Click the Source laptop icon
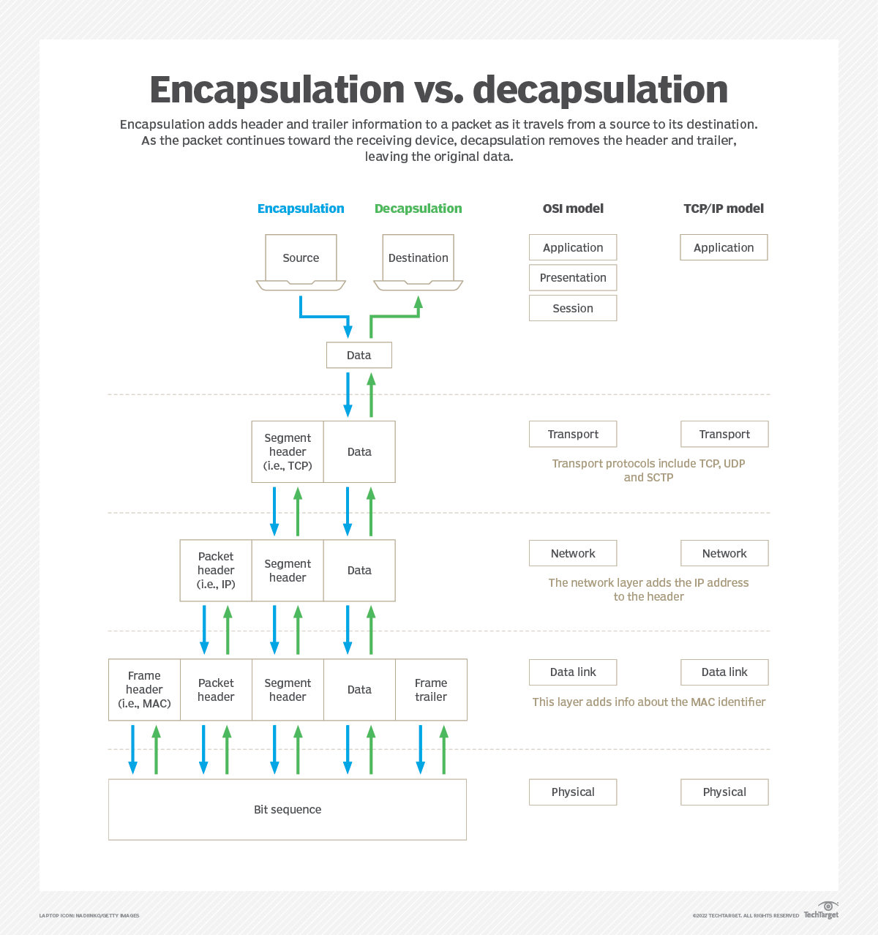pos(301,262)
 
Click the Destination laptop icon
pos(418,262)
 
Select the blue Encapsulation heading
pos(301,209)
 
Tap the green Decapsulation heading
pos(418,209)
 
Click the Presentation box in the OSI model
pos(573,278)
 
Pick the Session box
pos(573,308)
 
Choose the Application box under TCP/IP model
pos(724,248)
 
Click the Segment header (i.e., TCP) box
pos(288,451)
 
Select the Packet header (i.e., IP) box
pos(216,571)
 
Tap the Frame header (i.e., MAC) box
pos(144,690)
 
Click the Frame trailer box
pos(431,690)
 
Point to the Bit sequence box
pos(288,809)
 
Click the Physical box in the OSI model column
pos(573,792)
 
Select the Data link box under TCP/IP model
pos(724,672)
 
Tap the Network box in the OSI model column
pos(573,553)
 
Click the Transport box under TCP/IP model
pos(724,434)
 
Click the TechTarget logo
pos(822,911)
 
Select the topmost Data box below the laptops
pos(359,355)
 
